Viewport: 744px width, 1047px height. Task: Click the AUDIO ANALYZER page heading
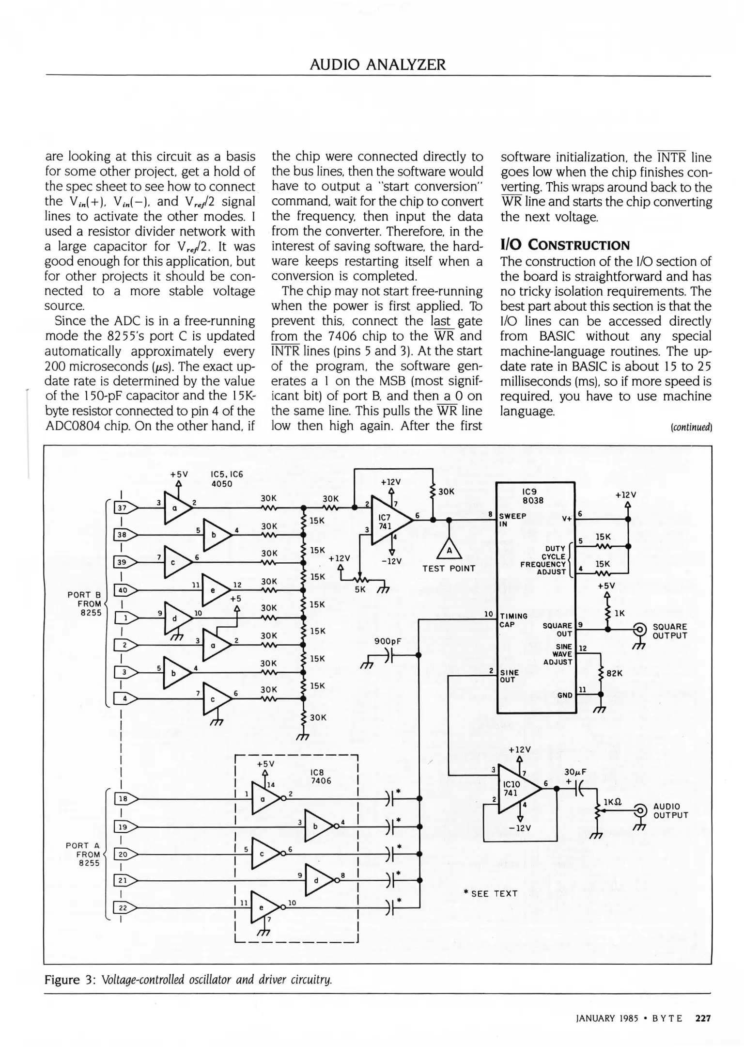click(x=377, y=64)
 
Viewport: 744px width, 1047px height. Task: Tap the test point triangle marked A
click(x=449, y=550)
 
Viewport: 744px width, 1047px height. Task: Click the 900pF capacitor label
click(x=388, y=641)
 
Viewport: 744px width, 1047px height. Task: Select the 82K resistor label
click(x=614, y=673)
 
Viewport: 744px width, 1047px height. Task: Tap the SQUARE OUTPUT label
click(x=670, y=631)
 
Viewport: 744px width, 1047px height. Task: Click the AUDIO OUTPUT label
click(x=670, y=810)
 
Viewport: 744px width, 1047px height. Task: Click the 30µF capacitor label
click(x=575, y=772)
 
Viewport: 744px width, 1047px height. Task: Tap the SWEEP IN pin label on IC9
click(x=512, y=519)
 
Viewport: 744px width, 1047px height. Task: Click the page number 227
click(x=703, y=1018)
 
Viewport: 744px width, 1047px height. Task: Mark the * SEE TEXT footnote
click(x=490, y=893)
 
